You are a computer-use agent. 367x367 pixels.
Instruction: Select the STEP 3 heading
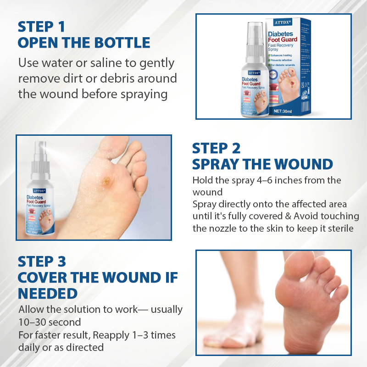tap(42, 261)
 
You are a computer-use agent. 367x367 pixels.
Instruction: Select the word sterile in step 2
tap(338, 228)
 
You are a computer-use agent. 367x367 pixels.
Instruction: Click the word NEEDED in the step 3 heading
tap(48, 294)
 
